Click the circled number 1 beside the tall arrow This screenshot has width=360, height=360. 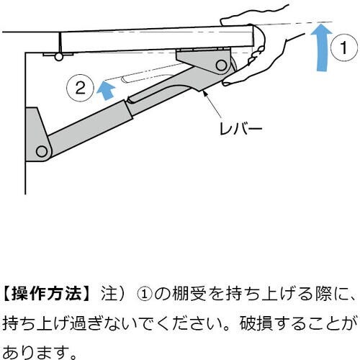click(x=344, y=50)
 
